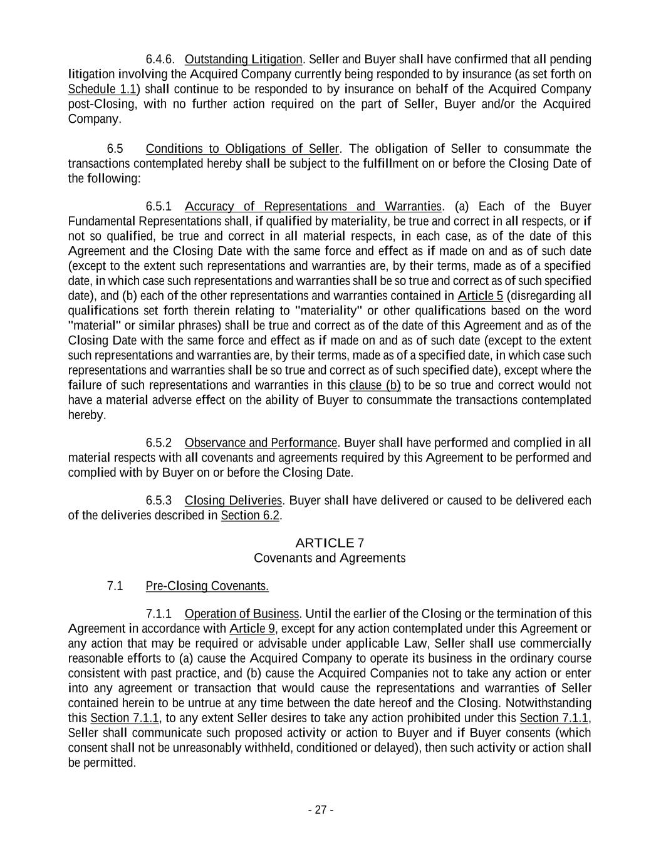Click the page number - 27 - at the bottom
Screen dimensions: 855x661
tap(321, 810)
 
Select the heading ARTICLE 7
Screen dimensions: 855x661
tap(330, 542)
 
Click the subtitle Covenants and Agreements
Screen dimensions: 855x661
tap(330, 557)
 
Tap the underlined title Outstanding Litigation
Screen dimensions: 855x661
tap(244, 60)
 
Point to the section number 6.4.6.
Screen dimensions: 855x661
tap(160, 60)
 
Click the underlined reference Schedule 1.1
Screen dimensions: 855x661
tap(102, 89)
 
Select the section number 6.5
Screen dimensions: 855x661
tap(115, 148)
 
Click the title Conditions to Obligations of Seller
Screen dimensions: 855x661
tap(242, 148)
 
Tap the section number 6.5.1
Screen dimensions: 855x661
tap(159, 206)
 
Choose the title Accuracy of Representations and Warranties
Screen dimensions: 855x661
tap(313, 206)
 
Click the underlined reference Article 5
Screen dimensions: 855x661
tap(480, 296)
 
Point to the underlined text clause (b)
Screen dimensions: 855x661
tap(375, 385)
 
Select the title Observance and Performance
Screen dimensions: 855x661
tap(261, 443)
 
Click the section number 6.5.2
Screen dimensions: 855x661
tap(159, 443)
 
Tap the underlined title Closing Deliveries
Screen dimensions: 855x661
tap(234, 500)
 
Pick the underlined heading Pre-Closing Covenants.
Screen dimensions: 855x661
tap(207, 586)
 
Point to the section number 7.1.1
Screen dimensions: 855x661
tap(159, 613)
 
